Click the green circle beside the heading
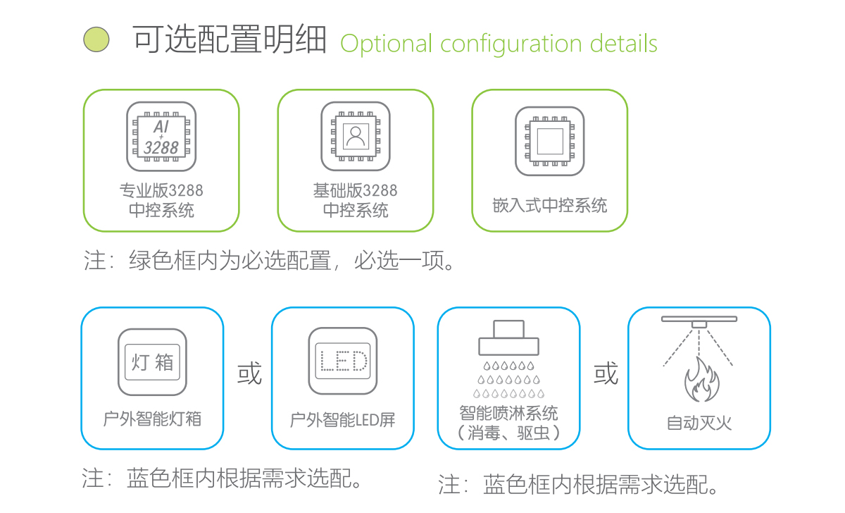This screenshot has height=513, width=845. click(x=96, y=40)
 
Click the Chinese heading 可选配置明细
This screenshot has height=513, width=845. click(x=230, y=40)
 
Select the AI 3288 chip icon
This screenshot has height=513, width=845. click(x=161, y=137)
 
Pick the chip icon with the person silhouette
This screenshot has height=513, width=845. click(x=356, y=136)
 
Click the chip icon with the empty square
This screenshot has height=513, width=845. click(x=549, y=141)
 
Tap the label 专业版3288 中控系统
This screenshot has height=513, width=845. click(x=161, y=200)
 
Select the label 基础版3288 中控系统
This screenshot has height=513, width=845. click(x=356, y=200)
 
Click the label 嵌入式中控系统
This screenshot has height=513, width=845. click(x=549, y=206)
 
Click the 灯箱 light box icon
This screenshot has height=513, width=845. click(x=152, y=362)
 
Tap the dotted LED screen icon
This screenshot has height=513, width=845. click(x=343, y=362)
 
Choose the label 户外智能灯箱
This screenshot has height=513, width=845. click(x=152, y=419)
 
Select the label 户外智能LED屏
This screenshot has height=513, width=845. click(x=343, y=420)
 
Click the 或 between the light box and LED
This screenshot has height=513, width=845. click(x=249, y=373)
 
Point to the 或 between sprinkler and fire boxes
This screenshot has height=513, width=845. click(x=605, y=373)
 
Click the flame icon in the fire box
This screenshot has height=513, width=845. click(x=701, y=381)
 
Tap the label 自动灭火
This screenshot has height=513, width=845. click(x=699, y=423)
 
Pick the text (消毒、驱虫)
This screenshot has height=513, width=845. click(x=508, y=432)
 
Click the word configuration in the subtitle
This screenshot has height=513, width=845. click(x=511, y=44)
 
